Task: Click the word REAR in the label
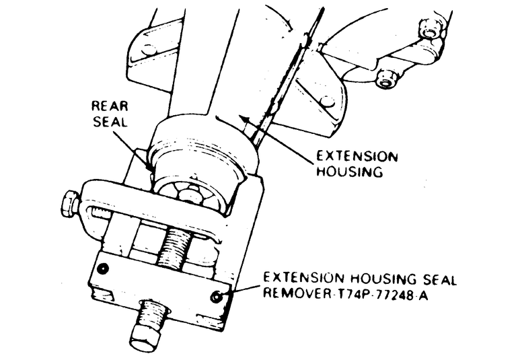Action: tap(110, 106)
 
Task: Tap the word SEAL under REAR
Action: tap(110, 122)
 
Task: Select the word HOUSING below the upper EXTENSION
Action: tap(350, 172)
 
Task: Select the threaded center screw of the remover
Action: tap(173, 247)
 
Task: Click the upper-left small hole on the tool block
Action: tap(104, 268)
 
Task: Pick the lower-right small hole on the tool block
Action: tap(216, 297)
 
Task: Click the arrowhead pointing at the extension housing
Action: tap(245, 118)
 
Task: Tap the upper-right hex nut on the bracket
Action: tap(429, 30)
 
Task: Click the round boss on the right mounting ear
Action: tap(328, 101)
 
